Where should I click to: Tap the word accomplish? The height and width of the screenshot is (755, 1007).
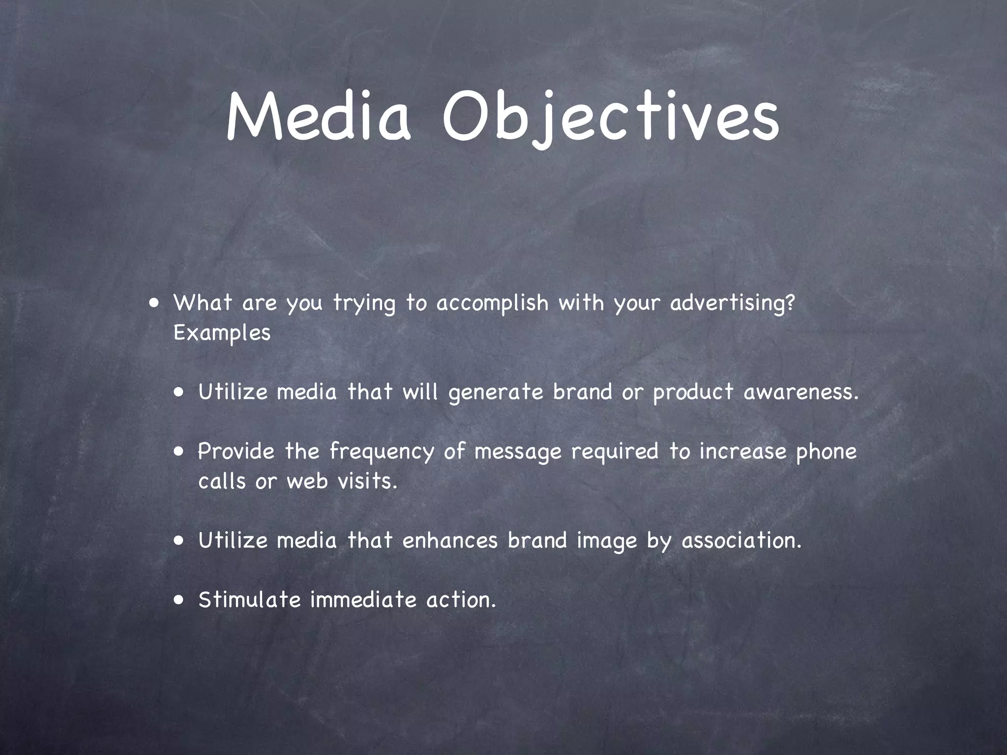click(x=492, y=303)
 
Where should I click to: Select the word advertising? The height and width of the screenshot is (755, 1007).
click(x=732, y=304)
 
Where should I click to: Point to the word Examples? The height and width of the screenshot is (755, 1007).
click(x=222, y=334)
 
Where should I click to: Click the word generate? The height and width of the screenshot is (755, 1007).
click(x=496, y=393)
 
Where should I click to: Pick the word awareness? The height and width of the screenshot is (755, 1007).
click(x=801, y=392)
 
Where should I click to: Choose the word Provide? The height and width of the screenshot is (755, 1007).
click(x=236, y=451)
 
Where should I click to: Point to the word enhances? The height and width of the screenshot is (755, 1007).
click(x=450, y=540)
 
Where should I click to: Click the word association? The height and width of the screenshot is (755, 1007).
click(x=741, y=540)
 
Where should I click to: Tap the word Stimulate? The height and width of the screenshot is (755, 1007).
click(x=249, y=600)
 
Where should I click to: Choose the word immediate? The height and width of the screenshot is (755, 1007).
click(x=363, y=600)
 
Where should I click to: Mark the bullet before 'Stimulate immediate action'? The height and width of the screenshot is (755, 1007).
click(x=179, y=600)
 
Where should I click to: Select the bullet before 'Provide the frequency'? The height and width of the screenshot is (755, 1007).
click(x=179, y=451)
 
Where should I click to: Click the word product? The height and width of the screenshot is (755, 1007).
click(x=693, y=393)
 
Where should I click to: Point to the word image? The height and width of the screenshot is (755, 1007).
click(x=607, y=541)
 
